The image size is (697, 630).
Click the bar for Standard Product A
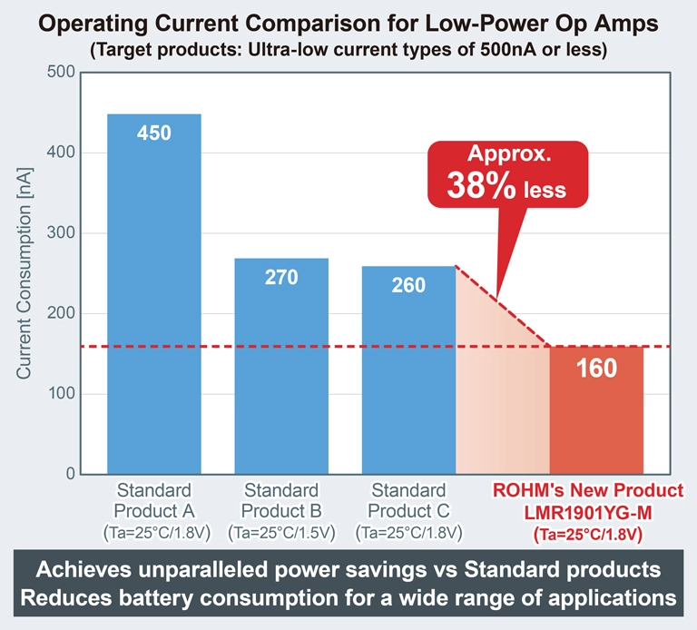(x=154, y=300)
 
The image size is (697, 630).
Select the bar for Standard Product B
(x=281, y=372)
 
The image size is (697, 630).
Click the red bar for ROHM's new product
(x=596, y=418)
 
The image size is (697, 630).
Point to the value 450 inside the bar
(x=154, y=133)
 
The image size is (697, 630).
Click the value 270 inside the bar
(x=281, y=277)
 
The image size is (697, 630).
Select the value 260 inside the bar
(x=408, y=285)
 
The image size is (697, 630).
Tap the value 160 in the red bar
(x=596, y=369)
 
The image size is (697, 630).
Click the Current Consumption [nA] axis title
(x=25, y=272)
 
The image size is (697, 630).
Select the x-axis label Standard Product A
(x=154, y=500)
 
